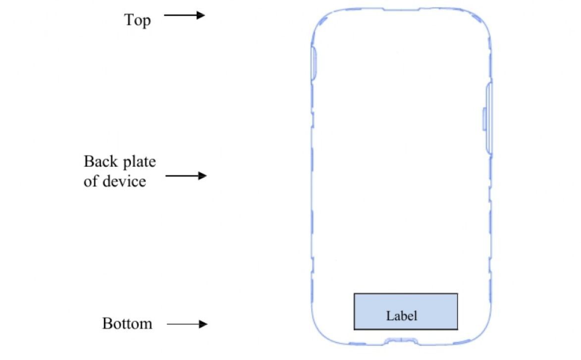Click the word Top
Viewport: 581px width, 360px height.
pyautogui.click(x=137, y=20)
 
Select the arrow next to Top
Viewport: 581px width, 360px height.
pyautogui.click(x=184, y=15)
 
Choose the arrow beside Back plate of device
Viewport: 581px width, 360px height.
pyautogui.click(x=185, y=175)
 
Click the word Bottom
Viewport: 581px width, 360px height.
pyautogui.click(x=127, y=324)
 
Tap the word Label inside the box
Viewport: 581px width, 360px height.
pyautogui.click(x=402, y=315)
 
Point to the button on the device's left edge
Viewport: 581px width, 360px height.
pyautogui.click(x=314, y=62)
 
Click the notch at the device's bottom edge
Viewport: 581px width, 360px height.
pyautogui.click(x=401, y=341)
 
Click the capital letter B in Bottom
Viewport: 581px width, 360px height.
pyautogui.click(x=107, y=324)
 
